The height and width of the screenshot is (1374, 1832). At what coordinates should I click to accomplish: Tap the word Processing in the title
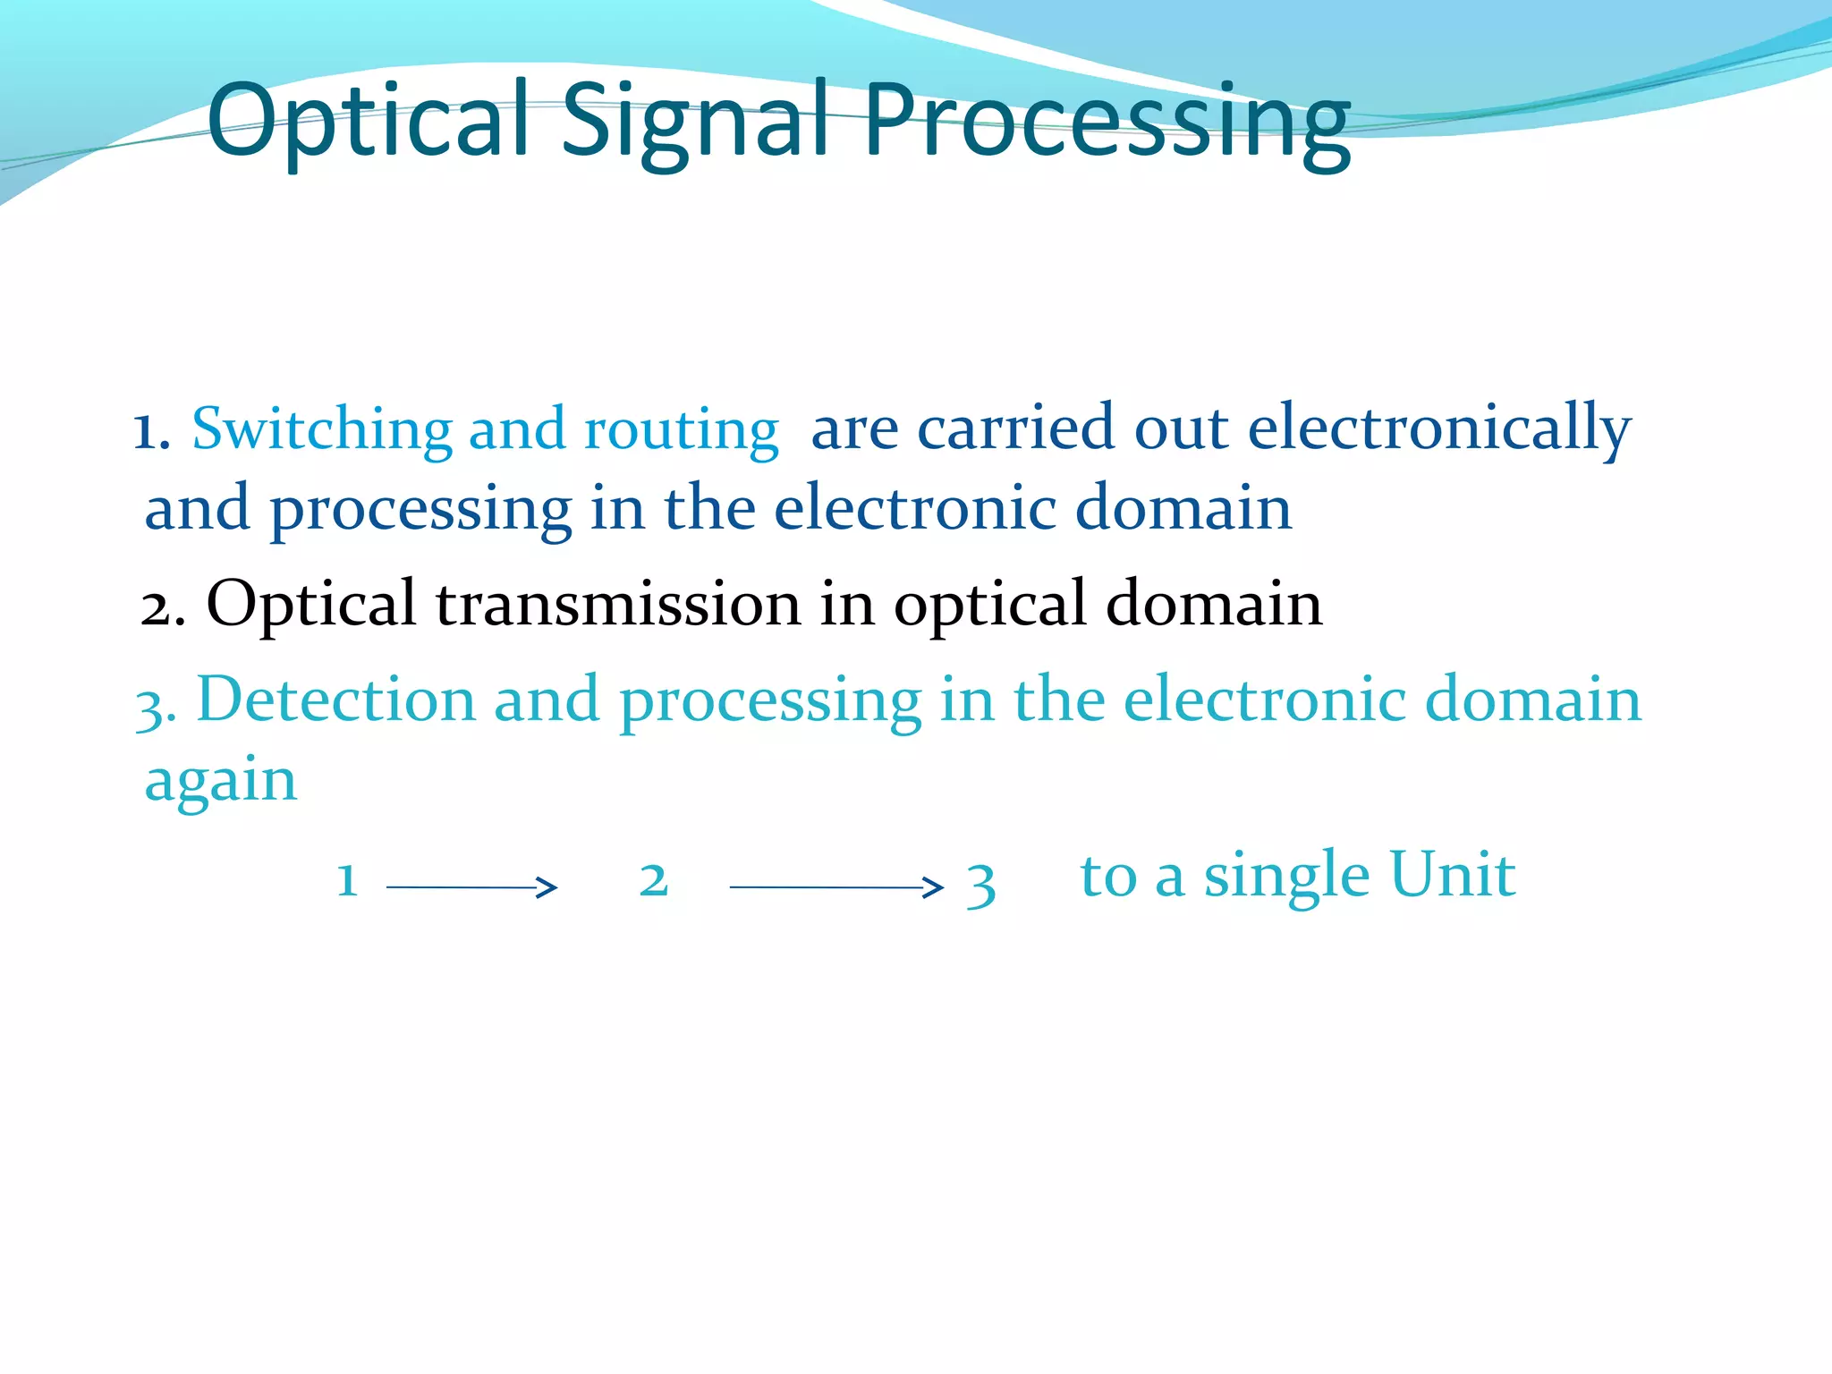1107,121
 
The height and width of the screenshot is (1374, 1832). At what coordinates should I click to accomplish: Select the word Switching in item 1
322,429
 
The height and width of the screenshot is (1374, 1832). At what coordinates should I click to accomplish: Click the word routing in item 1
681,431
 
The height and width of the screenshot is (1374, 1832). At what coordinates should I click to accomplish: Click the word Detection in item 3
335,699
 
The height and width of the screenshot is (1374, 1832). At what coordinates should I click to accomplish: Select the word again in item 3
221,782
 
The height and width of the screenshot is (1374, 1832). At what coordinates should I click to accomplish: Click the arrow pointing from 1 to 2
471,886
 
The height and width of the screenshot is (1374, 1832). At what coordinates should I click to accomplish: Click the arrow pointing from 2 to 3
836,886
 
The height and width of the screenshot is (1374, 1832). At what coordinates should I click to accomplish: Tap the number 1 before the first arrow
347,879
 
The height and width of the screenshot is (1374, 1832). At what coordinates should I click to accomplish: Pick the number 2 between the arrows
654,879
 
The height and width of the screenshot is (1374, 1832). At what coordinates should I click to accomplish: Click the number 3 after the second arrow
980,885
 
